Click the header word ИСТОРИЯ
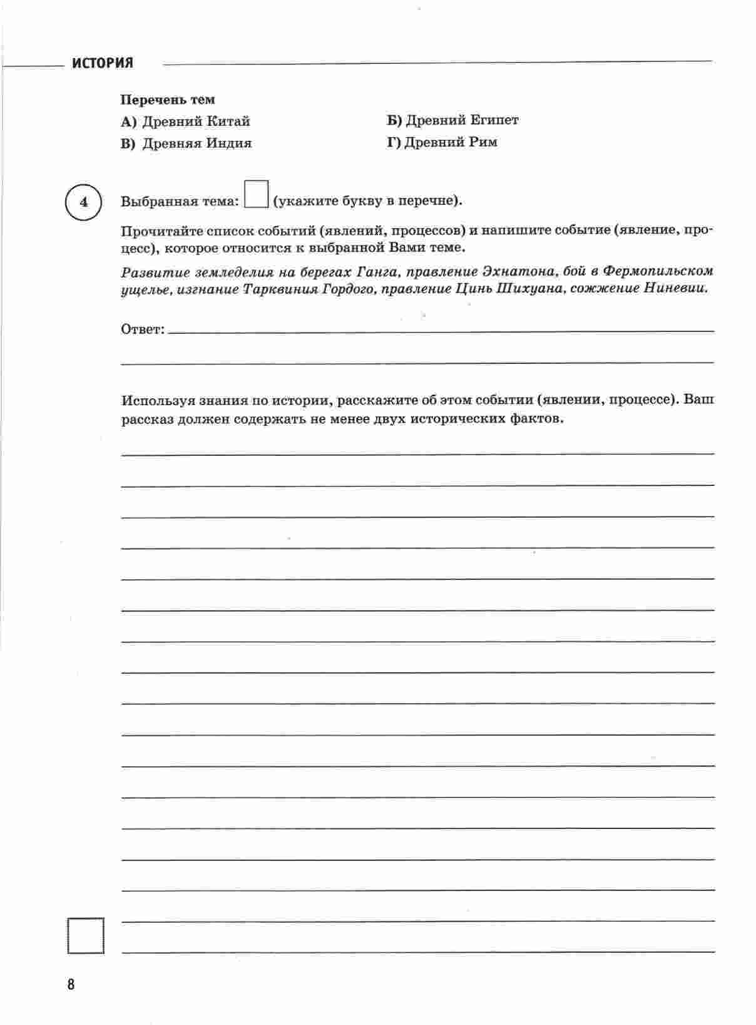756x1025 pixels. tap(102, 63)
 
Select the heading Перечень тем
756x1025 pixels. tap(167, 100)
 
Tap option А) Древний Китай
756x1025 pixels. tap(186, 121)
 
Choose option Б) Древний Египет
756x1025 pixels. tap(452, 120)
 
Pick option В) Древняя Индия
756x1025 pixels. tap(186, 143)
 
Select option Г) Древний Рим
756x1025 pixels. tap(442, 142)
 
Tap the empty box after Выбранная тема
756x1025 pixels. tap(257, 194)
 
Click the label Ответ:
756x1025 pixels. tap(143, 329)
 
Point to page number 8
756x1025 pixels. tap(71, 984)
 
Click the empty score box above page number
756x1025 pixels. tap(85, 935)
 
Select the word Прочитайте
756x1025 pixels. tap(160, 230)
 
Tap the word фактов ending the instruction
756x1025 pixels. tap(536, 419)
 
